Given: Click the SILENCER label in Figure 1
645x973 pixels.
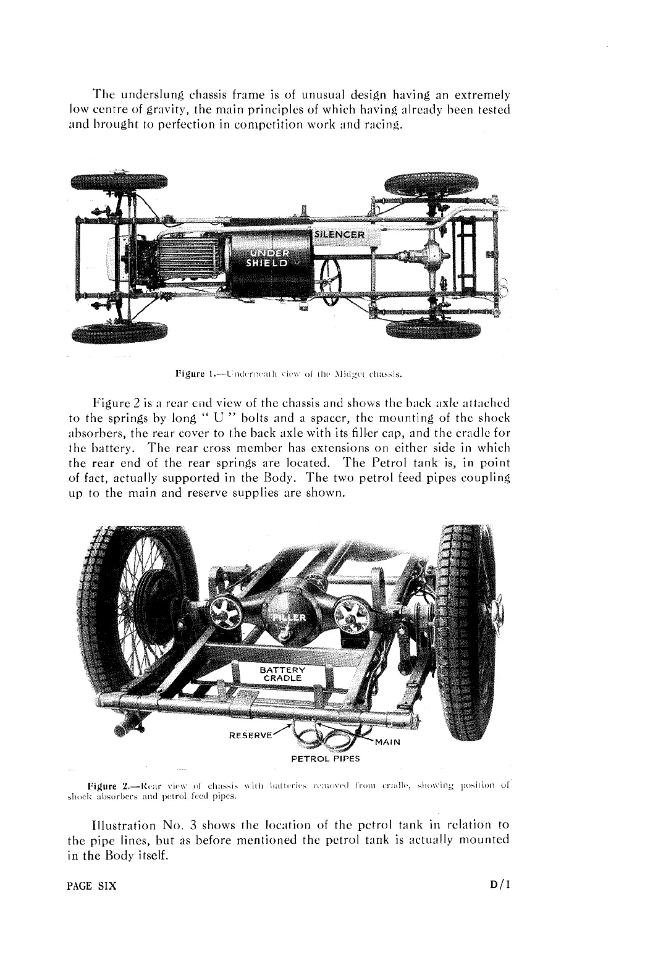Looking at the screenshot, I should click(340, 235).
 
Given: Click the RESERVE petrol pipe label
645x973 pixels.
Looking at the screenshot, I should click(250, 736).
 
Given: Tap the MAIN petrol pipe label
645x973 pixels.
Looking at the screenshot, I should click(388, 741).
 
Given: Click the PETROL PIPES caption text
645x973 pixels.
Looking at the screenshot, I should click(325, 757).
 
